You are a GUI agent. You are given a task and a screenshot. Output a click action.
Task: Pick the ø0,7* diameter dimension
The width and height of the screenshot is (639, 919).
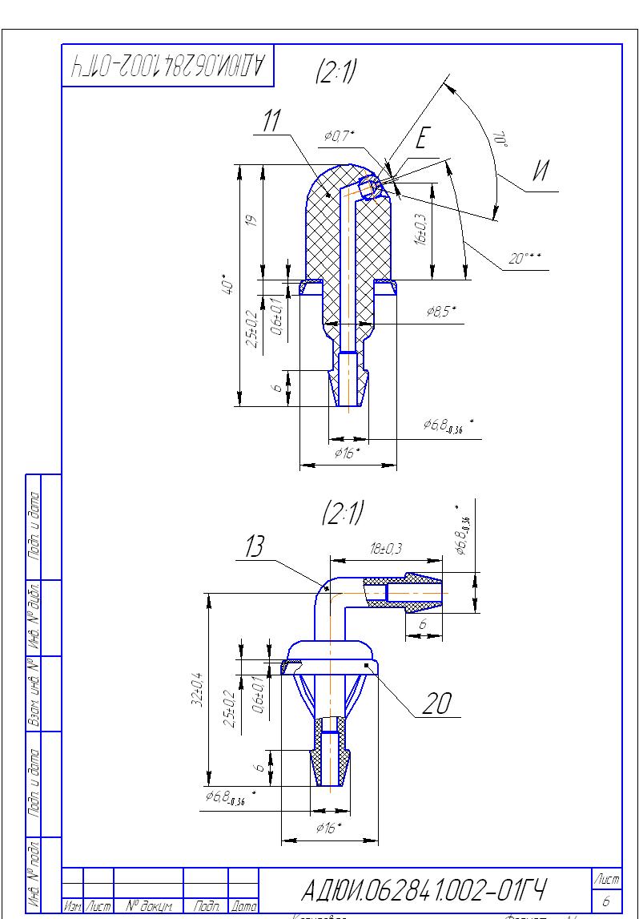(x=340, y=137)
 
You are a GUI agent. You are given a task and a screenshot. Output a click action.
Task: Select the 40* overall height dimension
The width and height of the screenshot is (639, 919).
(x=230, y=285)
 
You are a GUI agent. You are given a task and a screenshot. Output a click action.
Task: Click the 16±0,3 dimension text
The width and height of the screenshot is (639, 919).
(x=422, y=228)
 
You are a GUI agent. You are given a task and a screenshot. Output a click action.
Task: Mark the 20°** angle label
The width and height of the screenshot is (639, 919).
(x=525, y=258)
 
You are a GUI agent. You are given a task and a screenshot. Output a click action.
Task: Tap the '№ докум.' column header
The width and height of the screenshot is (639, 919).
(x=149, y=906)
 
